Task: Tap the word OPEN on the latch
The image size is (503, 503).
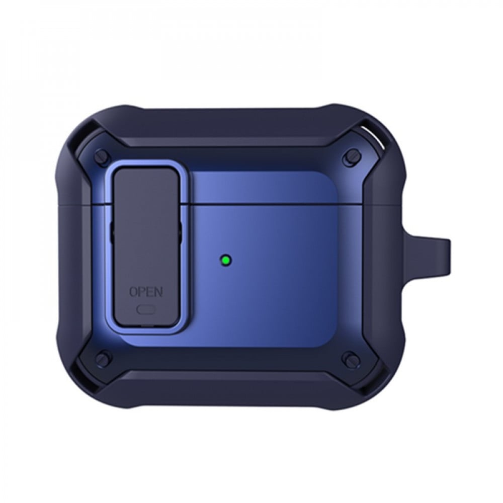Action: click(146, 292)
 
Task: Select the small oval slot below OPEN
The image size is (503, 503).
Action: click(146, 309)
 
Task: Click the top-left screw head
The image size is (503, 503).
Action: click(101, 155)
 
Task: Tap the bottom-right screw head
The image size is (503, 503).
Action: click(349, 357)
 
